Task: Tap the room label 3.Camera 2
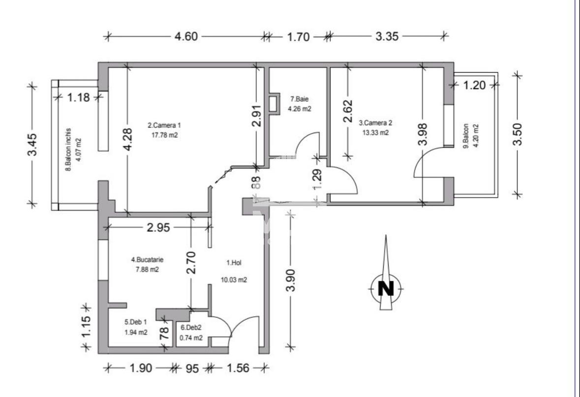click(375, 123)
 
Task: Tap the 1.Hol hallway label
click(234, 263)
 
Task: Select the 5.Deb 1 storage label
click(135, 322)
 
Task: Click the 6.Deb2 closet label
click(191, 327)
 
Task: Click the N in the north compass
click(386, 288)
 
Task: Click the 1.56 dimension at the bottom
click(239, 368)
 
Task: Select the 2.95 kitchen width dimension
click(158, 227)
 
